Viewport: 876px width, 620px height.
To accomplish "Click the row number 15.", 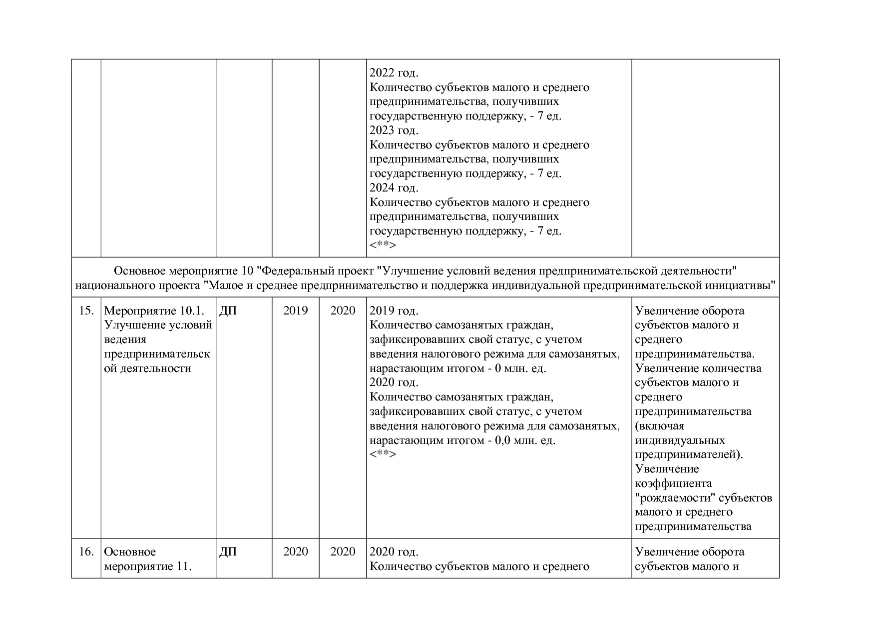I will tap(86, 311).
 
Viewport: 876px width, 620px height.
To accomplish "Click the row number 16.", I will tap(86, 552).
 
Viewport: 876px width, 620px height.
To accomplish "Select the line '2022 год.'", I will tap(394, 73).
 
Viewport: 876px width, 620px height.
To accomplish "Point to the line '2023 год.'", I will tap(394, 130).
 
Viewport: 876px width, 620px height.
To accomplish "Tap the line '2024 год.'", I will tap(394, 188).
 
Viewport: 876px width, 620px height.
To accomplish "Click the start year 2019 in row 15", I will tap(296, 311).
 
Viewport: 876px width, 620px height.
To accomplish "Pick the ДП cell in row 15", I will tap(228, 311).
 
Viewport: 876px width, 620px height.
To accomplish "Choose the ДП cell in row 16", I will tap(228, 552).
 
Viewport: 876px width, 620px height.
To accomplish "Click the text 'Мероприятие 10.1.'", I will tap(154, 311).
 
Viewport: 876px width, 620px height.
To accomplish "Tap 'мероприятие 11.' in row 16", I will tap(148, 566).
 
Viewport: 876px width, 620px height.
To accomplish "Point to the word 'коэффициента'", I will tap(673, 483).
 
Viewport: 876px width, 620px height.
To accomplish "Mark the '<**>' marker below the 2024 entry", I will tap(383, 245).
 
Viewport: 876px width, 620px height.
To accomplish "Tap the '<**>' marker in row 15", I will tap(383, 454).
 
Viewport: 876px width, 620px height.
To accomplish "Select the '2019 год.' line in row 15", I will tap(394, 311).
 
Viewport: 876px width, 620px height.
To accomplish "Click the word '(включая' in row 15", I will tap(659, 426).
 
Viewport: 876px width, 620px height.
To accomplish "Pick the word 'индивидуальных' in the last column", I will tap(680, 440).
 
